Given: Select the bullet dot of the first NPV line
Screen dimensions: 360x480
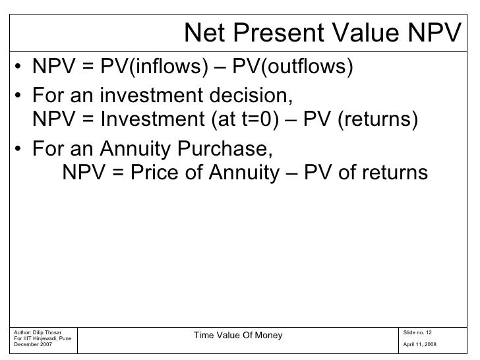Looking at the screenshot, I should (x=22, y=69).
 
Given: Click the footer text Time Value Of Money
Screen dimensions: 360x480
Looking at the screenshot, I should (x=237, y=336).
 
